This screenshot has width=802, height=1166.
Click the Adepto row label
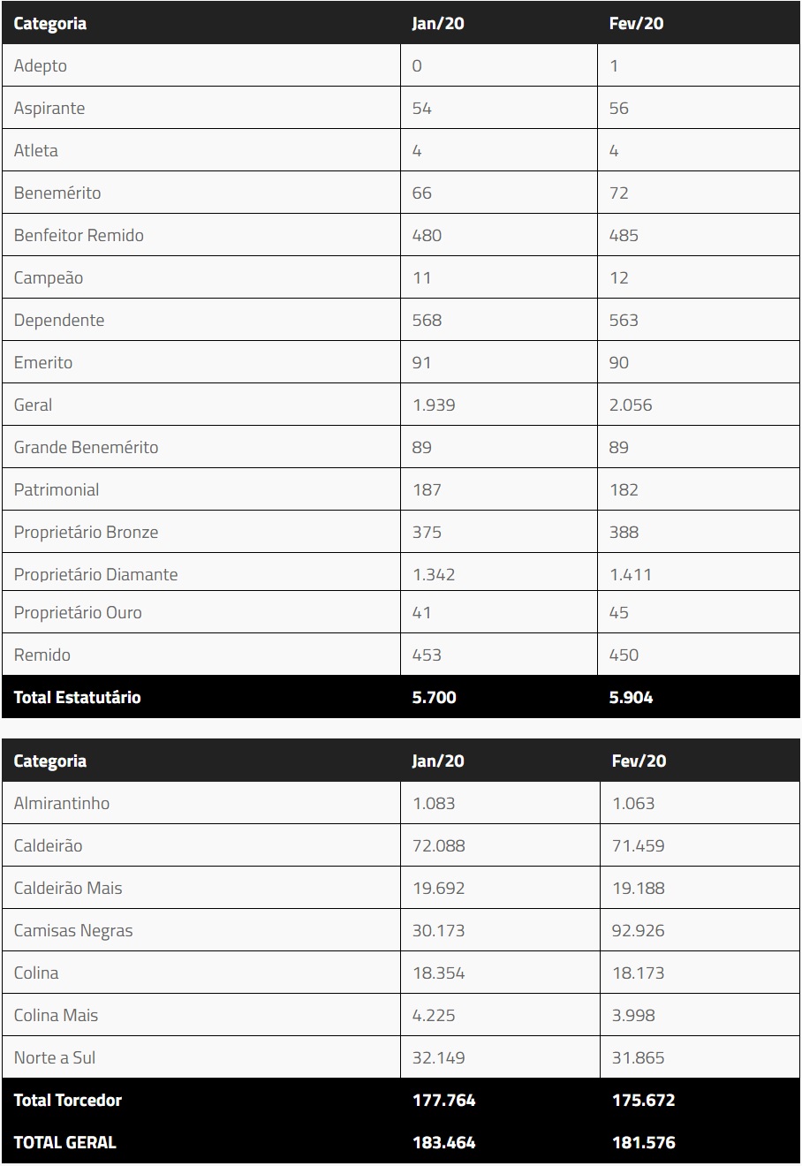(x=41, y=66)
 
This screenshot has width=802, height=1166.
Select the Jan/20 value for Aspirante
(x=422, y=109)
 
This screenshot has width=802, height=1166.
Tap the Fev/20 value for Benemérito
(x=619, y=193)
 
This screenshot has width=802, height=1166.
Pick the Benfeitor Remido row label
(x=79, y=236)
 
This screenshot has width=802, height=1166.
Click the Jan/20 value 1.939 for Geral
(x=434, y=405)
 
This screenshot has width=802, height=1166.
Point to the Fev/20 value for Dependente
(x=624, y=321)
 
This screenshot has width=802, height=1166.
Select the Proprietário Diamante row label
(x=95, y=575)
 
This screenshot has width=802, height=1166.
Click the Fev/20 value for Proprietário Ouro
(x=619, y=613)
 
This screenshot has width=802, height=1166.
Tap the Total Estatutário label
(x=77, y=698)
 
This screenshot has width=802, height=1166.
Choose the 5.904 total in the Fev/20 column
(x=632, y=698)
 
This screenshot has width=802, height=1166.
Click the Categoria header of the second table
(x=50, y=761)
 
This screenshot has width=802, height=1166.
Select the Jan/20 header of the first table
(x=438, y=24)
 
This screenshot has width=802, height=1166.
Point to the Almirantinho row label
(x=62, y=804)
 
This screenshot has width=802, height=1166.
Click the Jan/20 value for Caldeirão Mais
(x=438, y=889)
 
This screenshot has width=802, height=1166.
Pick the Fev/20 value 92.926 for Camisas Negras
(x=639, y=931)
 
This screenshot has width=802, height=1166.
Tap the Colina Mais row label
(x=56, y=1016)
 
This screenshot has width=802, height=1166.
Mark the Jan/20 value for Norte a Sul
(x=438, y=1058)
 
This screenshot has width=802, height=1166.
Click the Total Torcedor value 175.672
(x=643, y=1101)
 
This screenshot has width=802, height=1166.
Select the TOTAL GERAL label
(x=64, y=1143)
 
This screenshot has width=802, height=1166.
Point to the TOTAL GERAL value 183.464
(x=443, y=1143)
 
